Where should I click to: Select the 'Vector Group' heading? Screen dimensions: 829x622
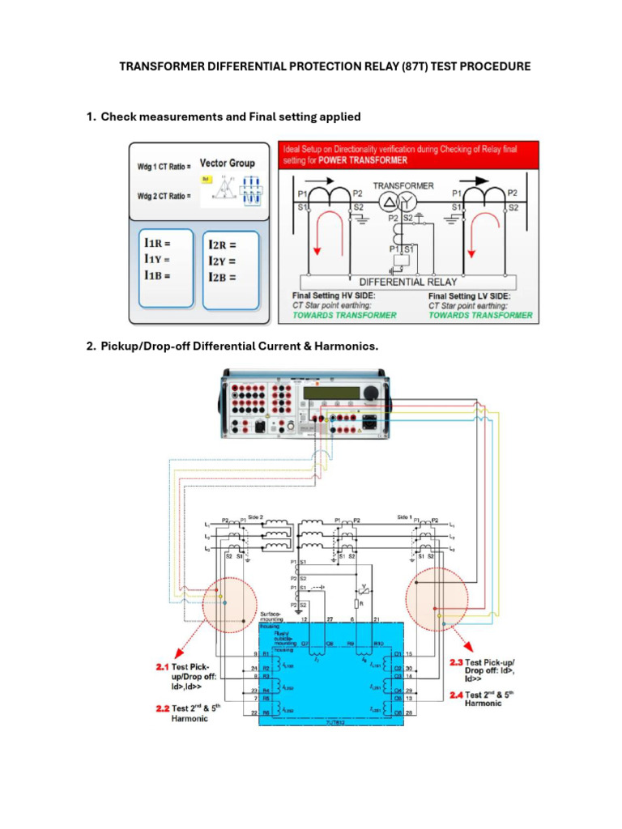227,163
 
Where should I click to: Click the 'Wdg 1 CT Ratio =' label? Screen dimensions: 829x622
164,167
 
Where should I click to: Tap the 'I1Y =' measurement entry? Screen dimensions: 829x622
159,259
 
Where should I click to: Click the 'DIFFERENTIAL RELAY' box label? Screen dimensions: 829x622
409,282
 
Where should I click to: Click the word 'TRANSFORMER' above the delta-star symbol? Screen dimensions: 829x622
403,185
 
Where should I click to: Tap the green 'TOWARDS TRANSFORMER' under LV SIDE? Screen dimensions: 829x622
480,315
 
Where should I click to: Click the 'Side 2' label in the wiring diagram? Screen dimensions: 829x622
257,517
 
